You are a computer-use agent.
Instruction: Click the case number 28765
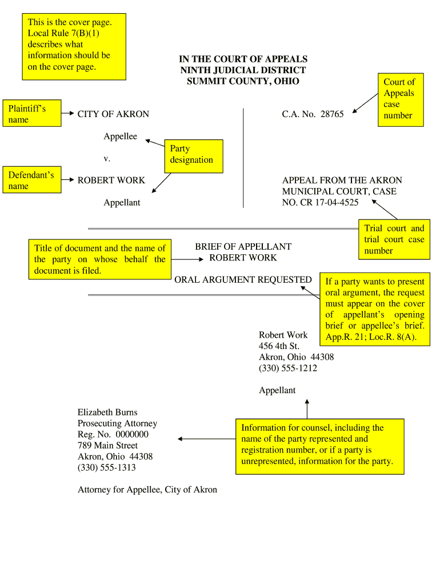[332, 114]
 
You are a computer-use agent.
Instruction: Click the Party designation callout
[193, 155]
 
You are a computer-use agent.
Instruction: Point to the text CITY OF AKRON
[113, 114]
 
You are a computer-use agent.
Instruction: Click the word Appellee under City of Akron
[120, 137]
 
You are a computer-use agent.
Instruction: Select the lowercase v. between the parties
[107, 158]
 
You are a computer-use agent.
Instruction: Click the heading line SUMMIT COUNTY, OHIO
[243, 81]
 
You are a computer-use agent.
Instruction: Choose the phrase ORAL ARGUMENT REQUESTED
[243, 279]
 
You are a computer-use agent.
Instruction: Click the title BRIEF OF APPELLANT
[243, 247]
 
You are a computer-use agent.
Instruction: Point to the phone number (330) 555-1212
[288, 368]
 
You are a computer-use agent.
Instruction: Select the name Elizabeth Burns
[107, 412]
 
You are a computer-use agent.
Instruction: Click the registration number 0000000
[131, 434]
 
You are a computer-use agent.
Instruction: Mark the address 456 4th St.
[279, 346]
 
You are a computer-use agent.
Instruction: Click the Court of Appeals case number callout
[399, 99]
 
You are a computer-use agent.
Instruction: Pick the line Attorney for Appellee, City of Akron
[147, 490]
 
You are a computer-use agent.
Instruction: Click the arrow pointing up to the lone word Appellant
[307, 408]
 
